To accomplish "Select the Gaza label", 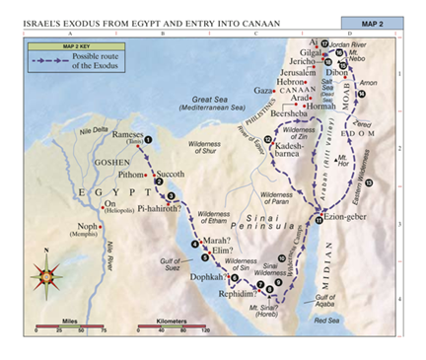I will [262, 90].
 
